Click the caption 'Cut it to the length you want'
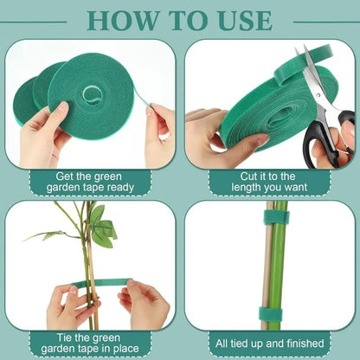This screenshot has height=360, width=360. pyautogui.click(x=270, y=181)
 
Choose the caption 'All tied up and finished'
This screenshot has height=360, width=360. pyautogui.click(x=270, y=343)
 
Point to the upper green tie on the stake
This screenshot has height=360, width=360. pyautogui.click(x=276, y=217)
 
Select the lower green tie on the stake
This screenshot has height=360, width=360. pyautogui.click(x=274, y=313)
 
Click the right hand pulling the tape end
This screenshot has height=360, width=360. pyautogui.click(x=159, y=135)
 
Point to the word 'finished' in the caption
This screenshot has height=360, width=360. pyautogui.click(x=307, y=343)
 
